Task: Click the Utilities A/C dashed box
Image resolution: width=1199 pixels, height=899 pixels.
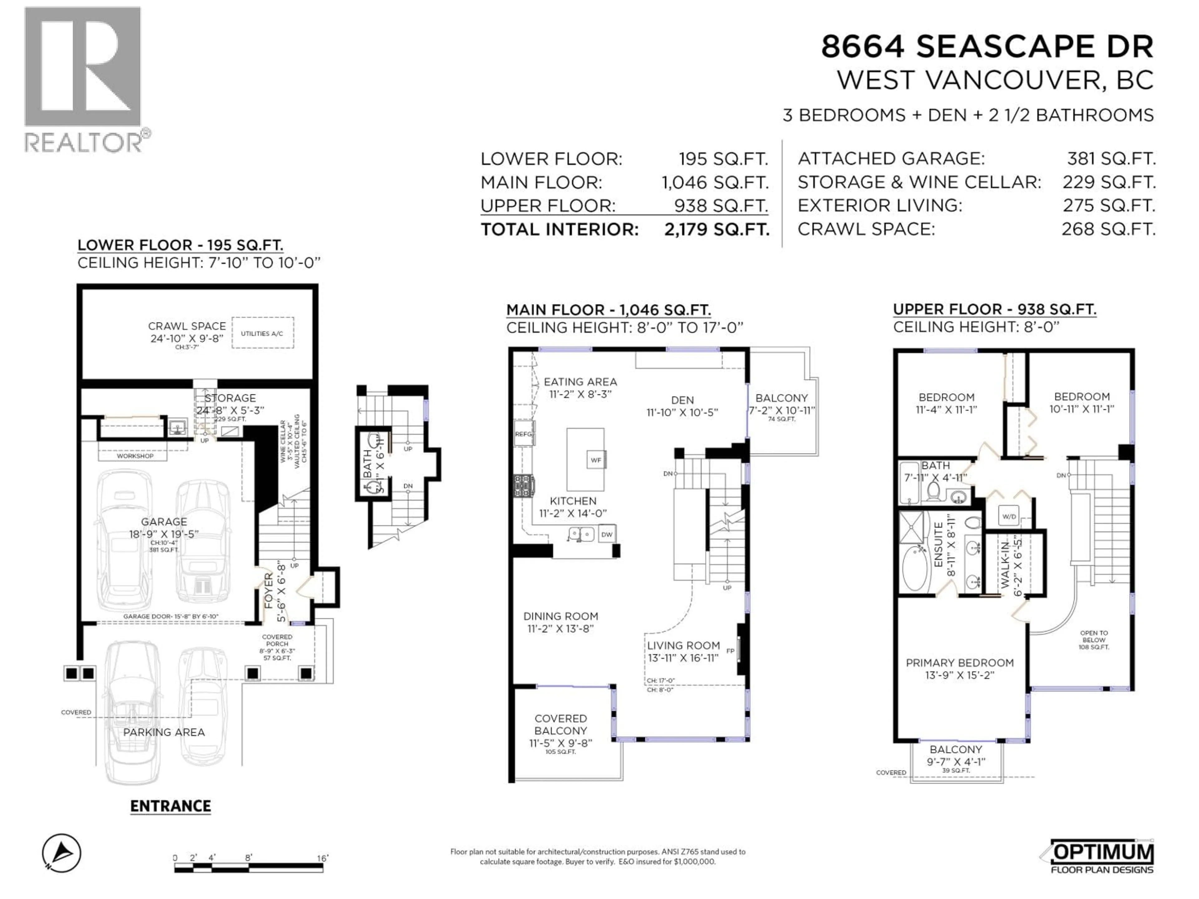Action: [262, 333]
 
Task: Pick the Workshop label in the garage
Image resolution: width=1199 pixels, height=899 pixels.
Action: [135, 456]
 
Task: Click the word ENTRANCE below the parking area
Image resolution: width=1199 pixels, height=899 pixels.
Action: [170, 806]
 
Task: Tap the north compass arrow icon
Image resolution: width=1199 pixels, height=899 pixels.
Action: [62, 853]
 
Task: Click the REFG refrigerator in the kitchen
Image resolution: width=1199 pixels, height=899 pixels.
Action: [524, 434]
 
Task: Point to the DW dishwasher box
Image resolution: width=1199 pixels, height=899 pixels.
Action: [607, 534]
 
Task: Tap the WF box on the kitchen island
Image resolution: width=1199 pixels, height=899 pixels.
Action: [596, 460]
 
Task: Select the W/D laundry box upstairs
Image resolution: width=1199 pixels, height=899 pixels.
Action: [1009, 516]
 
